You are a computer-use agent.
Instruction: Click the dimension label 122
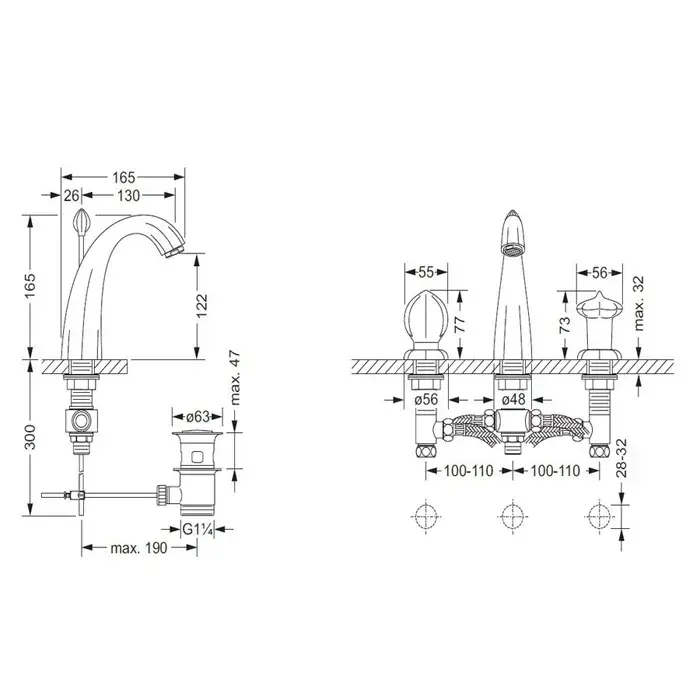[202, 305]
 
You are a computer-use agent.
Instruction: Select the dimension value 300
[30, 437]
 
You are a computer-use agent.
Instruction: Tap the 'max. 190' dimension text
[139, 548]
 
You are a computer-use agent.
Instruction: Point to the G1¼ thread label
[197, 529]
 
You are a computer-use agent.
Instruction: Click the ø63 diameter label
[198, 417]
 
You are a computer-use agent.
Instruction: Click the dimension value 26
[71, 196]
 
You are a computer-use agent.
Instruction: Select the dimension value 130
[129, 196]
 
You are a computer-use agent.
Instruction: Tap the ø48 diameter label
[513, 399]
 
